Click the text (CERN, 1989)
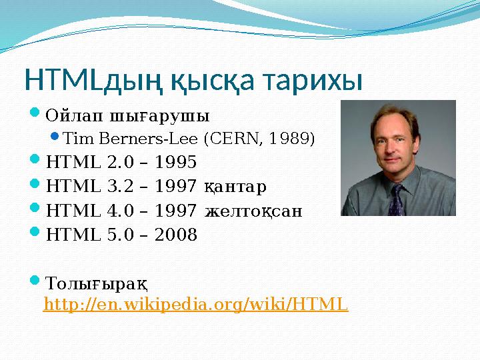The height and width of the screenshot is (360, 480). [259, 139]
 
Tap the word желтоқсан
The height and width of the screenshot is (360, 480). [254, 211]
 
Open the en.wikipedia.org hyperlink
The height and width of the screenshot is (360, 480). [195, 305]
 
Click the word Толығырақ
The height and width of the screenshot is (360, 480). [97, 282]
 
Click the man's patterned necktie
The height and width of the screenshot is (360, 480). [397, 199]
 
